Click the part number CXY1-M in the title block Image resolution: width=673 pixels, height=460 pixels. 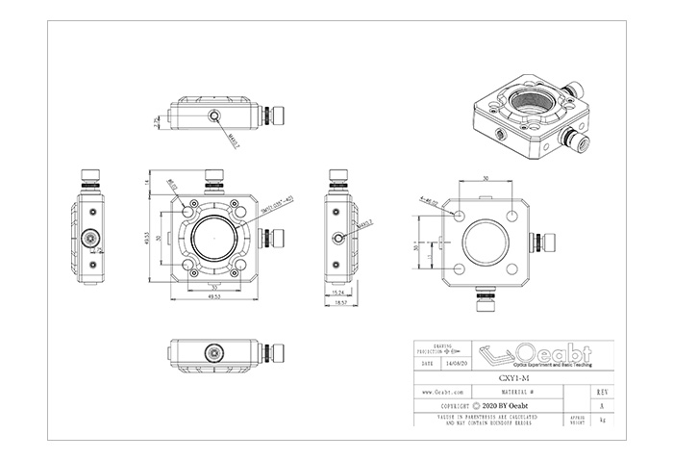click(x=511, y=378)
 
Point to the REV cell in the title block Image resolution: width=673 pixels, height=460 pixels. click(x=602, y=393)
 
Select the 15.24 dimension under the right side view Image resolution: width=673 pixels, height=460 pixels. click(x=336, y=292)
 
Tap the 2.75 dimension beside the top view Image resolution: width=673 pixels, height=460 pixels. click(x=157, y=120)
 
